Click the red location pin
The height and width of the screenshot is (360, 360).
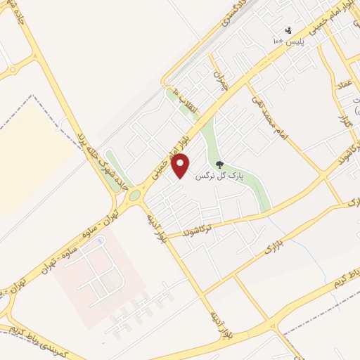tap(181, 165)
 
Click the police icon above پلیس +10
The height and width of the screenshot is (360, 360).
tap(288, 30)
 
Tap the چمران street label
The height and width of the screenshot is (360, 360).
tap(223, 83)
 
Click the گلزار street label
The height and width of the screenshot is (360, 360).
tap(345, 124)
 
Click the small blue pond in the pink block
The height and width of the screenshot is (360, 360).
tap(98, 241)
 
